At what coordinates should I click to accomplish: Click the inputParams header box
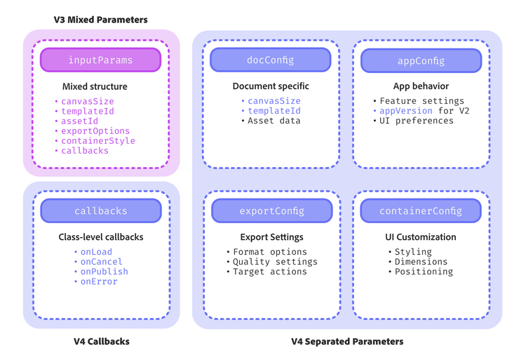tap(100, 60)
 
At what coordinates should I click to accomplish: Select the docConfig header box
tap(270, 60)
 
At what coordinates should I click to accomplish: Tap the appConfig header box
tap(421, 61)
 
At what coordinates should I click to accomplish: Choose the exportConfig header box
tap(271, 211)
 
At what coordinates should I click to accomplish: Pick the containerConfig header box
tap(421, 211)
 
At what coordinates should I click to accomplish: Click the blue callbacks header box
tap(100, 211)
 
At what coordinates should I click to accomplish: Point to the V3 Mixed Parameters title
tap(100, 20)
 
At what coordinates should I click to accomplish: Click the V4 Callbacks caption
tap(101, 342)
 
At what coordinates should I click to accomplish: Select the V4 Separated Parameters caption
tap(347, 342)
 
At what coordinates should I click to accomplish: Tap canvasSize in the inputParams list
tap(87, 102)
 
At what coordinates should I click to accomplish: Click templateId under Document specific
tap(274, 111)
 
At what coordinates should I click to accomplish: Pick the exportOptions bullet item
tap(95, 131)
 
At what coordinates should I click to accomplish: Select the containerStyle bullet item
tap(97, 141)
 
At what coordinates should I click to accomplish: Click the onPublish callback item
tap(104, 272)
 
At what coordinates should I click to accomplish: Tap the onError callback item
tap(99, 281)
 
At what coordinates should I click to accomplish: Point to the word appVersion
tap(406, 111)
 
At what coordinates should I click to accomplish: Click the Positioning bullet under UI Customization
tap(423, 272)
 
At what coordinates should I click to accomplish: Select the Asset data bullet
tap(274, 121)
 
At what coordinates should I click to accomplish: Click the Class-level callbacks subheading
tap(100, 237)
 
